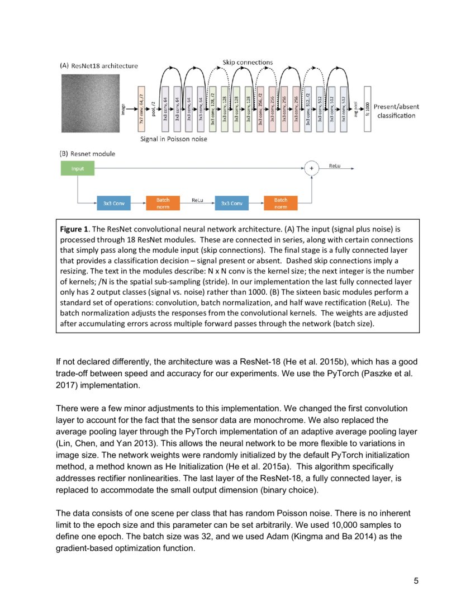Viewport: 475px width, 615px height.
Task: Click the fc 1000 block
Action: coord(367,110)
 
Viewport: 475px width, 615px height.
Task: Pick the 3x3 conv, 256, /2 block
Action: coord(260,110)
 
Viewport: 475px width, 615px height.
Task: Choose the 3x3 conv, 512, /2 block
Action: coord(308,110)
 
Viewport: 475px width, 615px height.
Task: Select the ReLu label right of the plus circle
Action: coord(335,166)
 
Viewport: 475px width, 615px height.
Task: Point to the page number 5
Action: coord(416,580)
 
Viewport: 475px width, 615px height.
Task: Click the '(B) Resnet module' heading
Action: coord(89,153)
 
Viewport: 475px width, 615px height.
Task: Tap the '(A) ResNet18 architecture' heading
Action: coord(98,65)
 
